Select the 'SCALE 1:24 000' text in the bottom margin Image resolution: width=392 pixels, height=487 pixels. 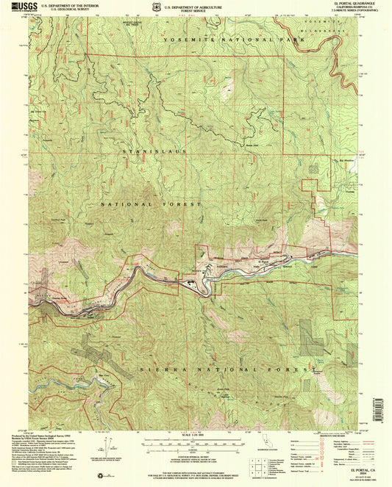196,438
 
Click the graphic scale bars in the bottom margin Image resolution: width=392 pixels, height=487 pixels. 196,447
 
